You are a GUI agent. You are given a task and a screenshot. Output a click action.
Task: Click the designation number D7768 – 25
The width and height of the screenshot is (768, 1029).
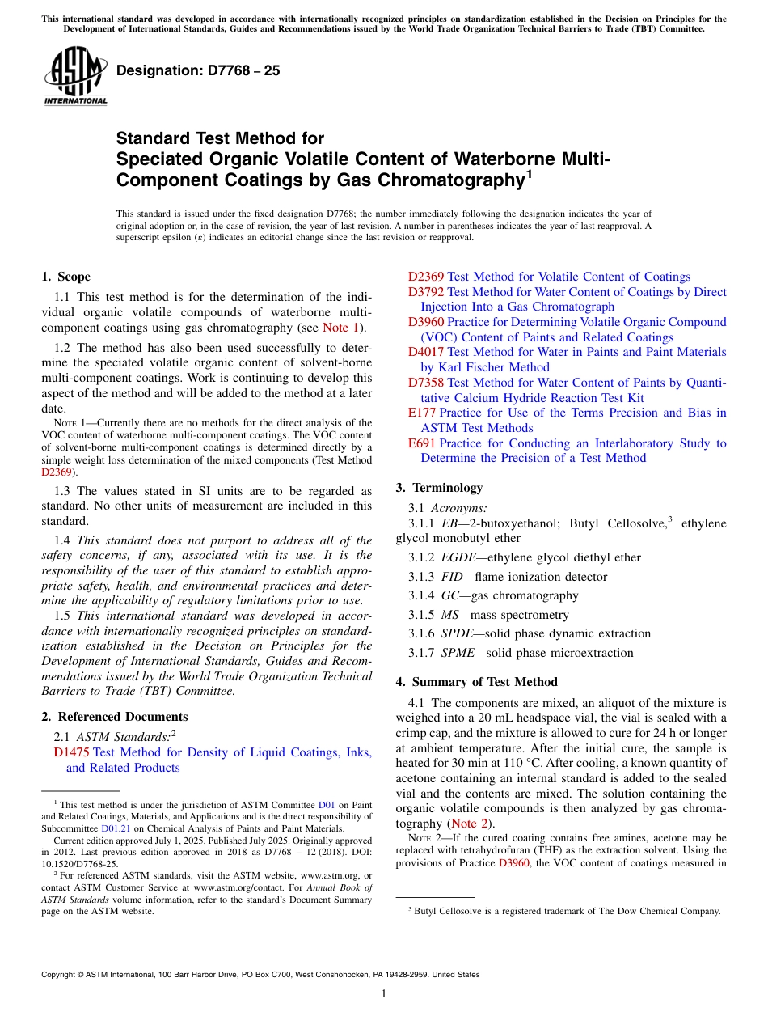point(198,70)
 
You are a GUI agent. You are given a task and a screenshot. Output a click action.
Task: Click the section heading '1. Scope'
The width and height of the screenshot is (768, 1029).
point(66,277)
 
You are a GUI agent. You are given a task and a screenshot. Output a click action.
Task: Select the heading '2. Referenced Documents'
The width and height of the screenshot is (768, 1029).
point(115,717)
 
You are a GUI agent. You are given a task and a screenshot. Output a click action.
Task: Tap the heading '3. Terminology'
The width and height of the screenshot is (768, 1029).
point(439,488)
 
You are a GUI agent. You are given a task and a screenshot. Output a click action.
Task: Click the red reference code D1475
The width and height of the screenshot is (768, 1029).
point(71,753)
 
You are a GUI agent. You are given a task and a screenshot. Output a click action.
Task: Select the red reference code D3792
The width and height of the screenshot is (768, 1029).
point(425,292)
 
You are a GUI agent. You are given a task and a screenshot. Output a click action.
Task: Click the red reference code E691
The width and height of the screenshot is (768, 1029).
point(422,443)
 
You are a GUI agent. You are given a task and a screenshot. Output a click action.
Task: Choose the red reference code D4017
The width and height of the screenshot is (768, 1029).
point(425,352)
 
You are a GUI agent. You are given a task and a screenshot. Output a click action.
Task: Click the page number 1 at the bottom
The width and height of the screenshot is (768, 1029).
point(383,994)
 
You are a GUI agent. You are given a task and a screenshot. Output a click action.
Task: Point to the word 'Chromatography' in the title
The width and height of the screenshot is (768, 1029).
point(450,180)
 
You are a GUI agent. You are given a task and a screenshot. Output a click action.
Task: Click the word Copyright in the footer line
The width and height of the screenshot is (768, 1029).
point(59,975)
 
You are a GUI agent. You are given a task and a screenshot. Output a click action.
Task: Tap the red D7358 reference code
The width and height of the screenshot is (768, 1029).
point(425,383)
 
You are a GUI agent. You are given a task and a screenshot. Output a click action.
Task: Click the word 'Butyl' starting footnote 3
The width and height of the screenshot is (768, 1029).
point(425,911)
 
